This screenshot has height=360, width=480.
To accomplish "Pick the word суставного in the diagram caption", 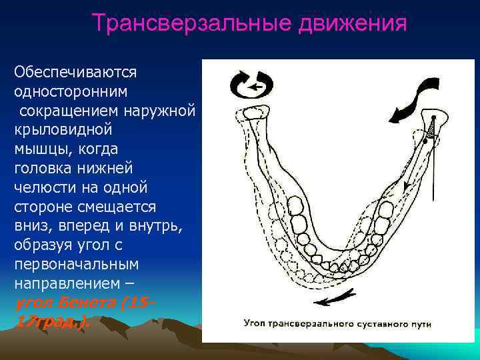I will pyautogui.click(x=390, y=323).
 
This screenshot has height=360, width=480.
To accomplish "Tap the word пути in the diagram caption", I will pyautogui.click(x=425, y=323).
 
